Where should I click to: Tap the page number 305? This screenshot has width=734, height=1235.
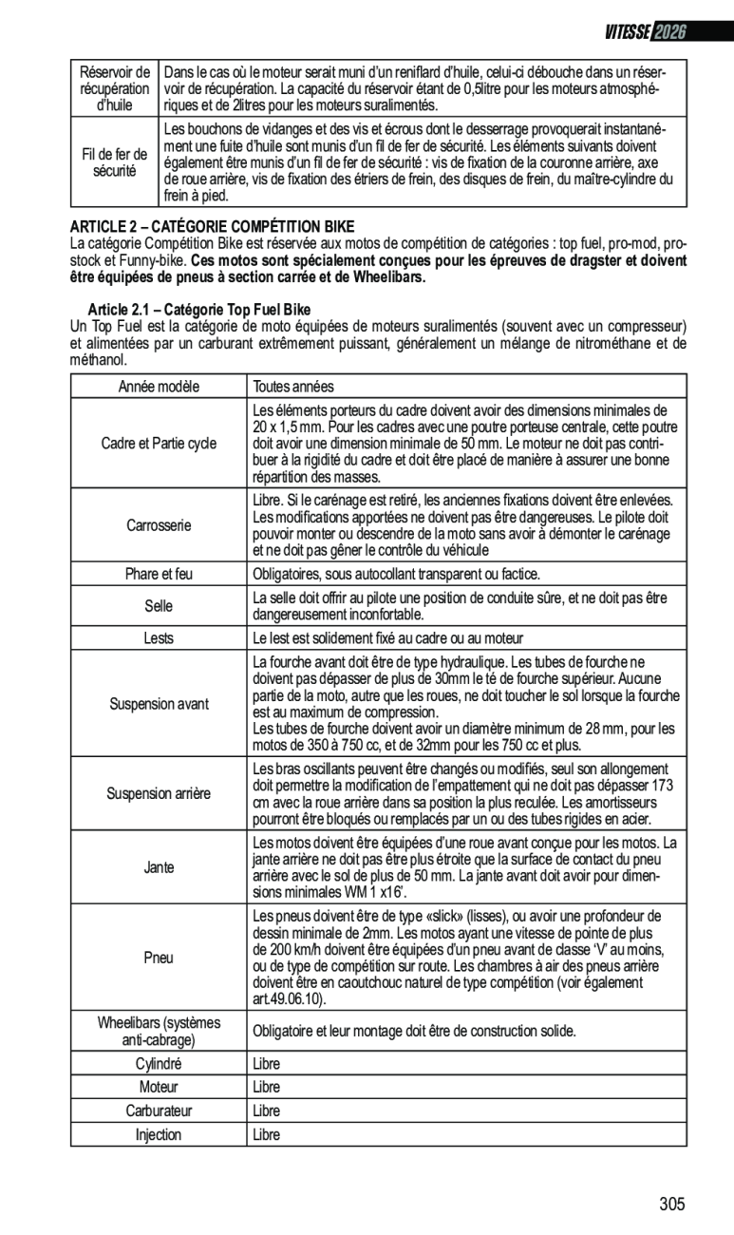pos(671,1205)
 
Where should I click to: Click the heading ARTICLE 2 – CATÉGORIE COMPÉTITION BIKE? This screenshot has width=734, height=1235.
pos(212,226)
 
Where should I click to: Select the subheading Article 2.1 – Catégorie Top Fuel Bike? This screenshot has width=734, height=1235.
pos(199,310)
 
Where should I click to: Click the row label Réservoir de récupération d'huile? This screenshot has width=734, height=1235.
pos(114,88)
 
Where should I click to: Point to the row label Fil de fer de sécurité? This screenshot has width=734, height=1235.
pos(114,162)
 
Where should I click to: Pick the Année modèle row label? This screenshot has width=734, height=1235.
pos(159,387)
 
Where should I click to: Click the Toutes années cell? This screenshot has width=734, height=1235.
pos(293,387)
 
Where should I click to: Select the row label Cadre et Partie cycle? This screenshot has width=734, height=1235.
pos(159,444)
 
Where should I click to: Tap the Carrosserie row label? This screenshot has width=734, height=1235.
pos(159,525)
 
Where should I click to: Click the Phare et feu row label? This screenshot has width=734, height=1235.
pos(159,574)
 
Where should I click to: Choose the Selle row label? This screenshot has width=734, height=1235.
pos(159,606)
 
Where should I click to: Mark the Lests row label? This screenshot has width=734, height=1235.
pos(159,638)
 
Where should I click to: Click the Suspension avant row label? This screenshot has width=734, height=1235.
pos(159,704)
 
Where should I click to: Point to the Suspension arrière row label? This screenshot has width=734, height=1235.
pos(159,793)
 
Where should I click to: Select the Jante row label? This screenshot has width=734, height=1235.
pos(159,867)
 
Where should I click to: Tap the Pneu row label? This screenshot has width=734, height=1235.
pos(159,958)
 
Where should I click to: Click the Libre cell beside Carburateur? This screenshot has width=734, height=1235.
pos(267,1111)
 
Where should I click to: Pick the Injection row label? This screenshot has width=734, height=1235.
pos(159,1134)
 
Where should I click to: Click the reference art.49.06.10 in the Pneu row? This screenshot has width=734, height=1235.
pos(289,999)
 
